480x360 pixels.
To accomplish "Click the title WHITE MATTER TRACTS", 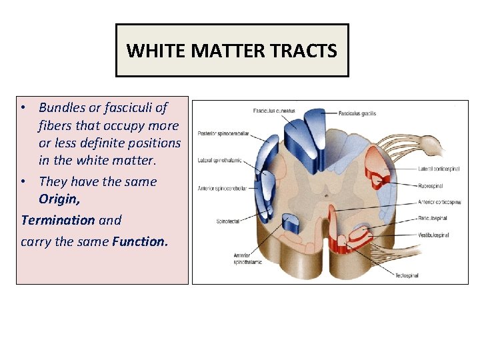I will [232, 51].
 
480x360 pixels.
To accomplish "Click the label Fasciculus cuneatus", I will [274, 110].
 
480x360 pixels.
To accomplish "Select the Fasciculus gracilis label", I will [357, 113].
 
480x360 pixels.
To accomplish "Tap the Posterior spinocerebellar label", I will [223, 133].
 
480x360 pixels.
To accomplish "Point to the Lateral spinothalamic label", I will [219, 160].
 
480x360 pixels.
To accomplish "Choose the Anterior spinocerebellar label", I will [222, 189].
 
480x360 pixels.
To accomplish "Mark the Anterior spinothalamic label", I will [248, 259].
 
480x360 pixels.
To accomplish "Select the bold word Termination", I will [58, 219].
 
